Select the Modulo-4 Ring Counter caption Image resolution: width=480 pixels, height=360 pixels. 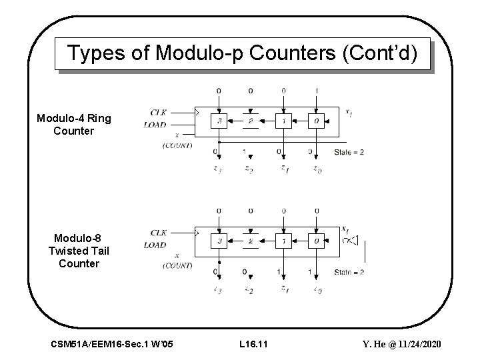(x=74, y=125)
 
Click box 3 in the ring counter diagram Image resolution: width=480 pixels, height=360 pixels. (x=219, y=121)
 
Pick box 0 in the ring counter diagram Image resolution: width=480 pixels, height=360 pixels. (x=315, y=121)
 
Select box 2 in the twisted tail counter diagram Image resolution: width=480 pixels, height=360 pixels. (x=251, y=241)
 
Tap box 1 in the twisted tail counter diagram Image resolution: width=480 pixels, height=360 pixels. (x=283, y=241)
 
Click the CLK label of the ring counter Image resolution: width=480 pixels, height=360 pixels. (x=159, y=112)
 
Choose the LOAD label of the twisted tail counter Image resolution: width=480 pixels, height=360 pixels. (x=155, y=245)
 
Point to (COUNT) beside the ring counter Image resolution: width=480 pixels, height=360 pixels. (x=177, y=145)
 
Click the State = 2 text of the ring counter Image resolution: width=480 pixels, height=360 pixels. (x=349, y=152)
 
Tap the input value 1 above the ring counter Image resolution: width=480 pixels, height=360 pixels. (x=316, y=90)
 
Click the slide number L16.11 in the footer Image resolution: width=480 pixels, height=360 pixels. (x=253, y=343)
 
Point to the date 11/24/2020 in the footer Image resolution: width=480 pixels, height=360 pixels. (x=419, y=343)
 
